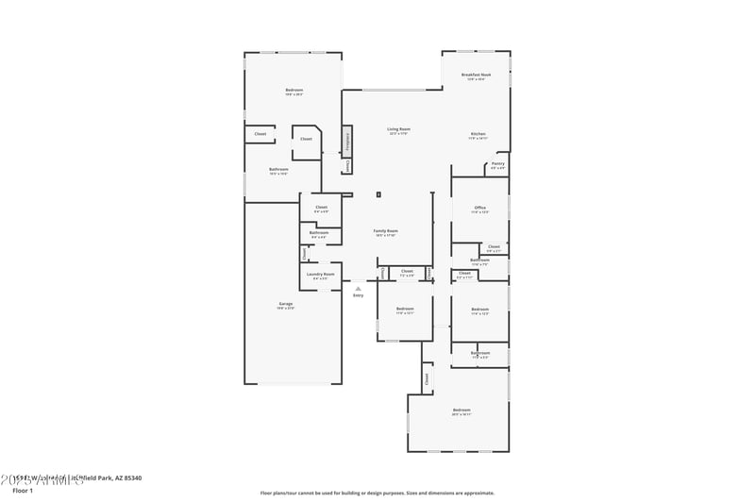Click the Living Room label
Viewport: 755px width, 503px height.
[399, 129]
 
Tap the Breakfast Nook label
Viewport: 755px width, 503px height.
[476, 75]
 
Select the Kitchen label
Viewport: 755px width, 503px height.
[478, 134]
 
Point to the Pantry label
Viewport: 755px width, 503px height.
[497, 164]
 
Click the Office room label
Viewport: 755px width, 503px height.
[480, 208]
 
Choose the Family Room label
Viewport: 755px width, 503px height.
[385, 231]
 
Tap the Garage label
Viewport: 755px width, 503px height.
[285, 304]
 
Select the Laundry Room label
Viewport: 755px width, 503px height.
[322, 274]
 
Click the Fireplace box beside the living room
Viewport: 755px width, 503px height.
[347, 141]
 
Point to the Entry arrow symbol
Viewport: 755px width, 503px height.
[358, 289]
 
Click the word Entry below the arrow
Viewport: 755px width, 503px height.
[358, 296]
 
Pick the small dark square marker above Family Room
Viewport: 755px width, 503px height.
[378, 195]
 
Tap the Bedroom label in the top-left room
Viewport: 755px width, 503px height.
[294, 91]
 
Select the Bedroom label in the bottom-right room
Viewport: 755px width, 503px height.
[461, 410]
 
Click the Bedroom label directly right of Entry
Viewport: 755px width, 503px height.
[404, 309]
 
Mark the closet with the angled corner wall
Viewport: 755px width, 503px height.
[306, 140]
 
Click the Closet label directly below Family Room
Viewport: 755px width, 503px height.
[407, 271]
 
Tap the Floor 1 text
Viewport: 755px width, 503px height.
[23, 491]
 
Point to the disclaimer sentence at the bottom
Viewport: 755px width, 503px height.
[377, 493]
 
